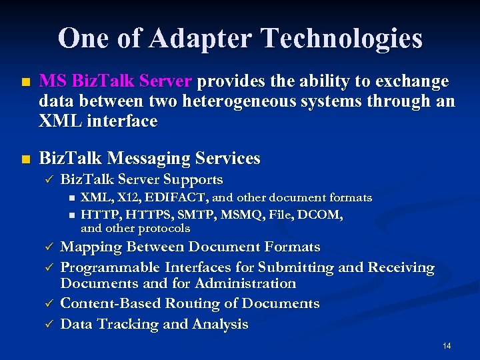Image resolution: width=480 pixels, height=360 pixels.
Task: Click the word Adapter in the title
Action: click(x=198, y=38)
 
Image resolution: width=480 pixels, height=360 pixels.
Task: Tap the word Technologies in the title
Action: click(x=339, y=38)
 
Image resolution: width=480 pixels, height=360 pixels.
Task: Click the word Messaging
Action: click(x=147, y=159)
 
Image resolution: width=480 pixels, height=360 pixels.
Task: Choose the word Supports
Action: click(x=193, y=180)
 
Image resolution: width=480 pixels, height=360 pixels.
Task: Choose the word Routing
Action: click(x=193, y=304)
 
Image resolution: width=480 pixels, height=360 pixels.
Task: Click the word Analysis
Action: click(x=220, y=325)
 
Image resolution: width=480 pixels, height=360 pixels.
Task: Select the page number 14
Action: click(x=446, y=345)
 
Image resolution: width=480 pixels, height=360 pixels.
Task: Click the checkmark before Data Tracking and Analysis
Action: click(x=48, y=325)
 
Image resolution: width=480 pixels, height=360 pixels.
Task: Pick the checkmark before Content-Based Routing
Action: click(x=48, y=304)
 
